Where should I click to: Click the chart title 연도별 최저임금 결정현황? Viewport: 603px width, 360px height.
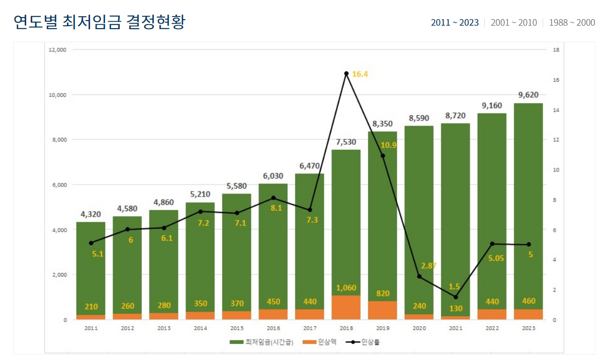99,22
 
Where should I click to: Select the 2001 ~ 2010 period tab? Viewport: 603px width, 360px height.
513,23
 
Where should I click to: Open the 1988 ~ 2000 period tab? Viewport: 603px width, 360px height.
572,23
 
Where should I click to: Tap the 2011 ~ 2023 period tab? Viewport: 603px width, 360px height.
455,23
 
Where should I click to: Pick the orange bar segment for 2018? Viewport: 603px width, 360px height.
346,308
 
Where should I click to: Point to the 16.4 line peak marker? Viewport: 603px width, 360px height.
346,73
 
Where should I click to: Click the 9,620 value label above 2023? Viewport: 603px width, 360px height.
528,95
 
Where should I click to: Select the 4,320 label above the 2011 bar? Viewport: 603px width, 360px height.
91,214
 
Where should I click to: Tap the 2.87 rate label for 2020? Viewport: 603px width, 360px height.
428,265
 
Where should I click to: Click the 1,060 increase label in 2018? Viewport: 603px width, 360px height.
346,288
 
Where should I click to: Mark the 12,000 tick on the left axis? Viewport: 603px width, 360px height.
58,50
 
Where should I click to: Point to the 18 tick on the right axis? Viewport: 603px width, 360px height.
556,50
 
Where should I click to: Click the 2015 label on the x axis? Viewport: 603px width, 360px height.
236,328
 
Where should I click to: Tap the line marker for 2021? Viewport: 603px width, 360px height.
456,297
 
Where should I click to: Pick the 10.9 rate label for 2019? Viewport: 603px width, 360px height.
389,145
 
